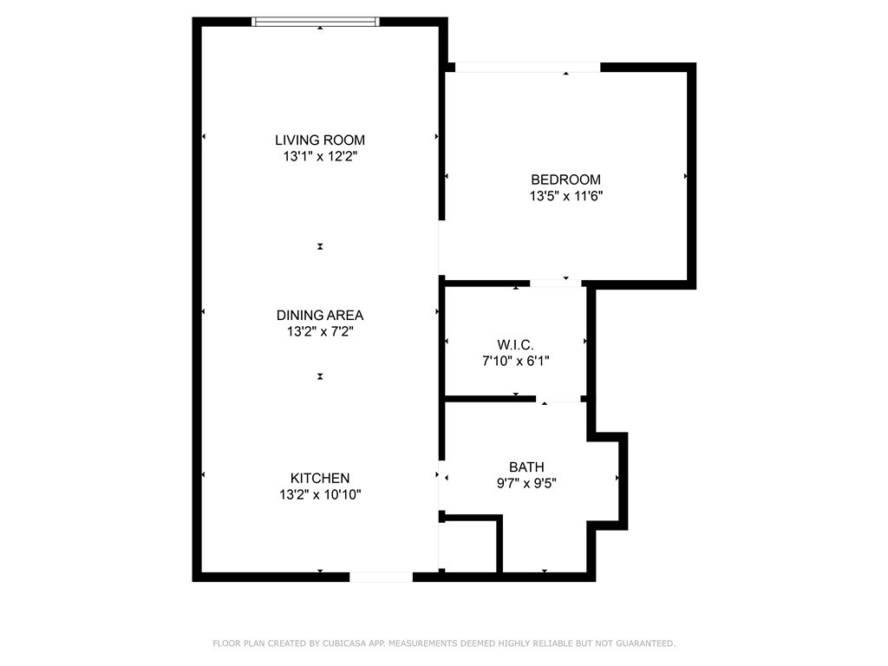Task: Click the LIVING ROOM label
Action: coord(320,140)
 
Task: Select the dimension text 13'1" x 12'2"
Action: coord(320,157)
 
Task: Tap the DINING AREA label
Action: coord(320,315)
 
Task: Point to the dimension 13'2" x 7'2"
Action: coord(320,331)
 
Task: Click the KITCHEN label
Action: coord(320,478)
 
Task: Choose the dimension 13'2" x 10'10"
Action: coord(320,495)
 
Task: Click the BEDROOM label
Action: coord(565,180)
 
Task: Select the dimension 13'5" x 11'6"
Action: coord(565,196)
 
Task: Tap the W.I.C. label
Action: coord(515,344)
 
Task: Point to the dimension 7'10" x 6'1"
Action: coord(515,361)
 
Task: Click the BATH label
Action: coord(526,467)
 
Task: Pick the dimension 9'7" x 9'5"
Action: coord(526,484)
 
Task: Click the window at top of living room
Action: coord(315,22)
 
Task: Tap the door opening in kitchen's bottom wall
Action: coord(381,577)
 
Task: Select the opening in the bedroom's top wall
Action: coord(527,68)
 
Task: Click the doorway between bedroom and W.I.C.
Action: coord(556,283)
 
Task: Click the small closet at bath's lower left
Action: coord(469,546)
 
